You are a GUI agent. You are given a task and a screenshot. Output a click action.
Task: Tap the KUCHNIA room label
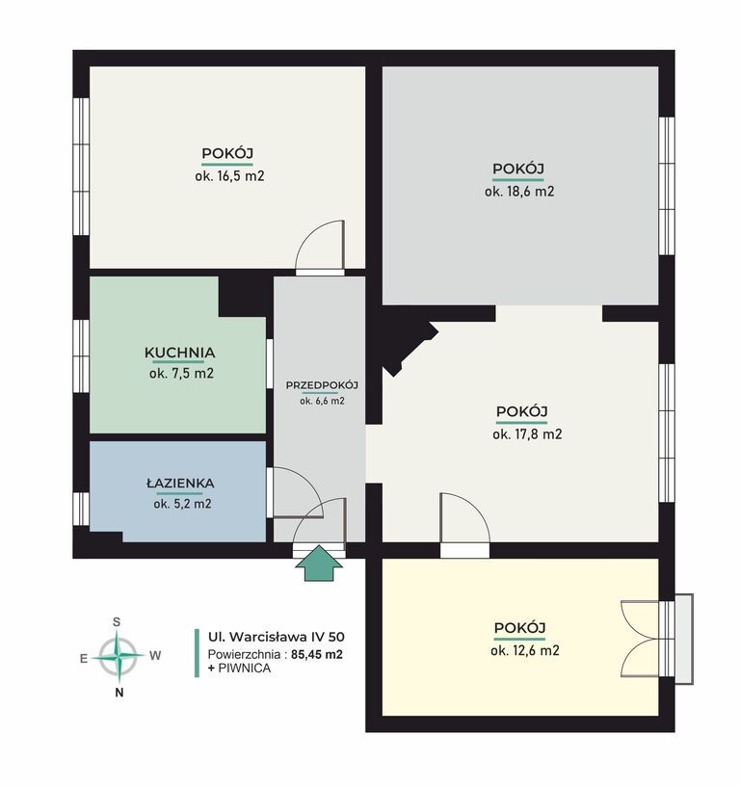pos(180,353)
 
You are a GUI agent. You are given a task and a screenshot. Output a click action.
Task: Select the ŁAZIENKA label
pos(180,484)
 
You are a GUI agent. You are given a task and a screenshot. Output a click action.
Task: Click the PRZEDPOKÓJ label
pos(322,385)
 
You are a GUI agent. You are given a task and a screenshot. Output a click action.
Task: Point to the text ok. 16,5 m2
pos(229,176)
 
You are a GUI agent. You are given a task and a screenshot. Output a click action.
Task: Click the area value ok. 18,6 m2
pos(519,192)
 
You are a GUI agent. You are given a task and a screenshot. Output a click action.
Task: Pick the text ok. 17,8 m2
pos(527,434)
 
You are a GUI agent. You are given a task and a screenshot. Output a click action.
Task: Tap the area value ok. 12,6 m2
pos(525,650)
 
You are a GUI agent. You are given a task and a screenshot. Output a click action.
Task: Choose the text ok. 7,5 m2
pos(181,374)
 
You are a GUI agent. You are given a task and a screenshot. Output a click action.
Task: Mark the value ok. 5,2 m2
pos(182,504)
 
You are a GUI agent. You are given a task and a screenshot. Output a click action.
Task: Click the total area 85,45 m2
pos(317,654)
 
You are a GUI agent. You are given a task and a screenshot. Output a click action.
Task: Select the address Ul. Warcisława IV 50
pos(277,637)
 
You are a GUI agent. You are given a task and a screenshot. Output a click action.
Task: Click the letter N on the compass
pos(119,693)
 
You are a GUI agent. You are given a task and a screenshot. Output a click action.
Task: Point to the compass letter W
pos(155,655)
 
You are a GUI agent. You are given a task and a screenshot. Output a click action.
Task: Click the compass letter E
pos(84,659)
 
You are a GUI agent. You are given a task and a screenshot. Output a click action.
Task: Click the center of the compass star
pos(118,656)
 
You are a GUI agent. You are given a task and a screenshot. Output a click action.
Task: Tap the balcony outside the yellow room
pos(684,639)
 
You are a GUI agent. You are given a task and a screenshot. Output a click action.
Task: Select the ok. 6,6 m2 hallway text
pos(323,401)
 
